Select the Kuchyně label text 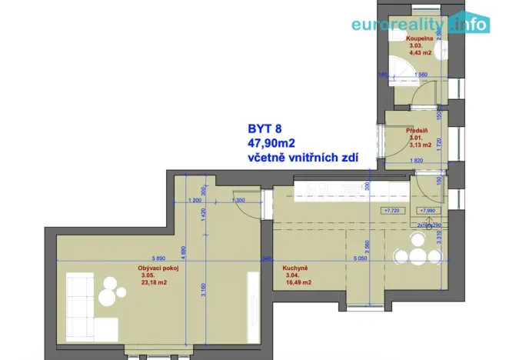point(296,268)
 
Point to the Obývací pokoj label point(158,267)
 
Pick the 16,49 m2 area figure point(298,283)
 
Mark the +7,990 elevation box point(427,209)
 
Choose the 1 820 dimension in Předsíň point(418,160)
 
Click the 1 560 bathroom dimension point(421,75)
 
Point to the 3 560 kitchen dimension point(368,246)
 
